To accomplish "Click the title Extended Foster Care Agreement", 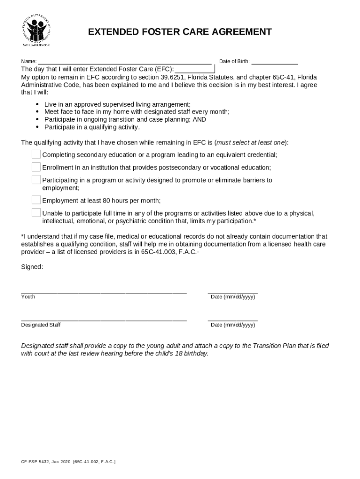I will [x=180, y=32].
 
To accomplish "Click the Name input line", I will [x=124, y=61].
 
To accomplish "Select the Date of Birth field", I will [x=275, y=61].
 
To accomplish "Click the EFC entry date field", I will [x=194, y=69].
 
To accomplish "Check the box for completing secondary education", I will [x=36, y=154].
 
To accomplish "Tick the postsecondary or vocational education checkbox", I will [x=36, y=167].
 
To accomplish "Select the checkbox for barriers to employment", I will [x=36, y=180].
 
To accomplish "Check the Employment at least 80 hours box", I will [x=36, y=200].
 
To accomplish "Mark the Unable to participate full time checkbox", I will [x=36, y=213].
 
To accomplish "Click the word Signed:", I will [x=32, y=267].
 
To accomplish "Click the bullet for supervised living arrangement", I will [x=37, y=104].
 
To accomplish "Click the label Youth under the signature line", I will [x=28, y=297].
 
